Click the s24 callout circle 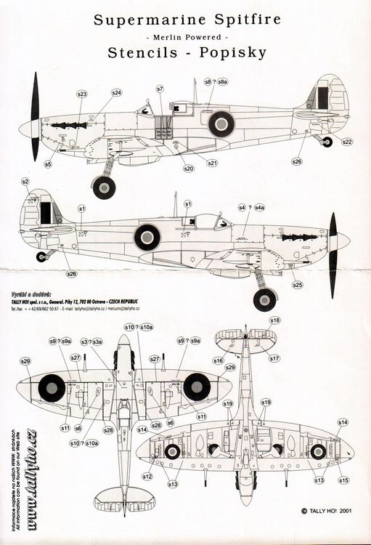tap(117, 93)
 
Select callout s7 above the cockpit tap(160, 89)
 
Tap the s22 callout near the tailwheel tap(347, 141)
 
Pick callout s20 tap(189, 169)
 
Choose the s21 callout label tap(212, 163)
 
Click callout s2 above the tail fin tap(25, 181)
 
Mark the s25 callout tap(297, 285)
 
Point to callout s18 tap(274, 320)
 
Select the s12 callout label tap(147, 477)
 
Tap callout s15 tap(343, 480)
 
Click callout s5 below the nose tap(47, 164)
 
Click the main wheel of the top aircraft tap(105, 187)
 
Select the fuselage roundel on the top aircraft tap(221, 124)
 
